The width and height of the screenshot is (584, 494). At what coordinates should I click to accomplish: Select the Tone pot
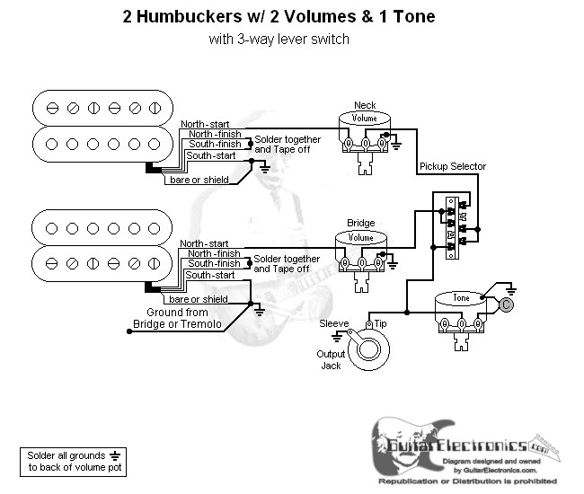click(x=460, y=310)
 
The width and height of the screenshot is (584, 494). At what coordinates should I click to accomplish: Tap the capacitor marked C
click(x=507, y=305)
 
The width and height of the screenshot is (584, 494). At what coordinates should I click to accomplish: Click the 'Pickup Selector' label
click(x=451, y=167)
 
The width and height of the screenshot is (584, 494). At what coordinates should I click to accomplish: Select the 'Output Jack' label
click(x=330, y=359)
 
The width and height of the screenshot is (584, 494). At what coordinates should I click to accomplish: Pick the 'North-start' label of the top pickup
click(x=204, y=124)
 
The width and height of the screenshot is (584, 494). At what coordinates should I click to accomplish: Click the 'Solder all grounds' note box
click(x=71, y=461)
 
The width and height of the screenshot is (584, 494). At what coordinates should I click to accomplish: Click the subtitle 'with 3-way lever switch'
click(x=279, y=39)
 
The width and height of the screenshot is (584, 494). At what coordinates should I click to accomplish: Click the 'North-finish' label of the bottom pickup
click(x=214, y=253)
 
